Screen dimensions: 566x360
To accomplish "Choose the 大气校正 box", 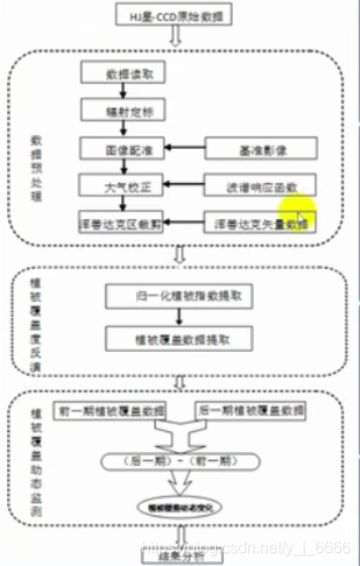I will (x=124, y=184).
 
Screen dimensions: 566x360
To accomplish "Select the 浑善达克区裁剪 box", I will (x=124, y=221).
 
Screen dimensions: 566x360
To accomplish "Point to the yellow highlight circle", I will (x=297, y=212).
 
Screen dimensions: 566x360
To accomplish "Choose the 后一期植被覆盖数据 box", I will (x=251, y=409).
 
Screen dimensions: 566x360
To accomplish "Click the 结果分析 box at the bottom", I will (x=179, y=556).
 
